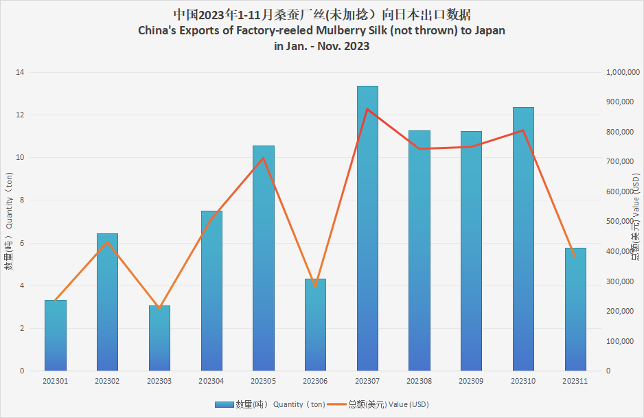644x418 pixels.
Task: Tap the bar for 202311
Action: [x=575, y=310]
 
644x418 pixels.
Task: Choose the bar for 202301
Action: [x=56, y=336]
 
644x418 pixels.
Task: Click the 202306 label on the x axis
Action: [x=315, y=380]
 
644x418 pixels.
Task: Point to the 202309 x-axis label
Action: [x=471, y=380]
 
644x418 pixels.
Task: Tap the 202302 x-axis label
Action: [x=107, y=380]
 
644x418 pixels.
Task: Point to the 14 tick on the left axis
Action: [x=20, y=72]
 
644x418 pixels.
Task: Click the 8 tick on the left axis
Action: [x=21, y=200]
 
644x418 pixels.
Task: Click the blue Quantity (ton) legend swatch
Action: [x=224, y=404]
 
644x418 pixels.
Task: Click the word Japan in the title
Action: [x=489, y=31]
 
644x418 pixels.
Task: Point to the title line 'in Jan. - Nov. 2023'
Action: [x=322, y=47]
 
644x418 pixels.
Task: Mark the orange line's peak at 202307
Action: [x=367, y=109]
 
